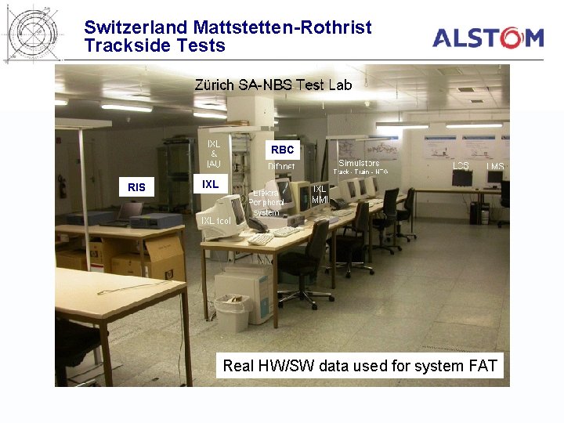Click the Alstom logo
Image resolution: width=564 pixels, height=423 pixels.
click(488, 37)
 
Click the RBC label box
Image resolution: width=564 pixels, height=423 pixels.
click(282, 149)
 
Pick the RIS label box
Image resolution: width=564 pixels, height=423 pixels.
click(136, 187)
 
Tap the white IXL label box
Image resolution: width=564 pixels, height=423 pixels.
click(210, 184)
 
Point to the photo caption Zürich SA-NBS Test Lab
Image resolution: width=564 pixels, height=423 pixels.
click(273, 85)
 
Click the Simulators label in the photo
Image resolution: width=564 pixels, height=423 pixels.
click(359, 163)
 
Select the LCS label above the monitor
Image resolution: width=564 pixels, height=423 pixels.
click(461, 166)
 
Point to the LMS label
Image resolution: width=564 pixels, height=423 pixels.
click(495, 166)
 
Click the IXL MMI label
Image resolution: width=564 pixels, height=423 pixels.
click(320, 194)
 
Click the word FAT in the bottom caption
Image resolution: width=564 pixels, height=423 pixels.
click(483, 366)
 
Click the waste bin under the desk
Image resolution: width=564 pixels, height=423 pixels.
click(232, 313)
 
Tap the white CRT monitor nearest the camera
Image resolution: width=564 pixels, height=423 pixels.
click(222, 215)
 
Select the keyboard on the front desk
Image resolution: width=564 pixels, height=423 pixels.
click(261, 239)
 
